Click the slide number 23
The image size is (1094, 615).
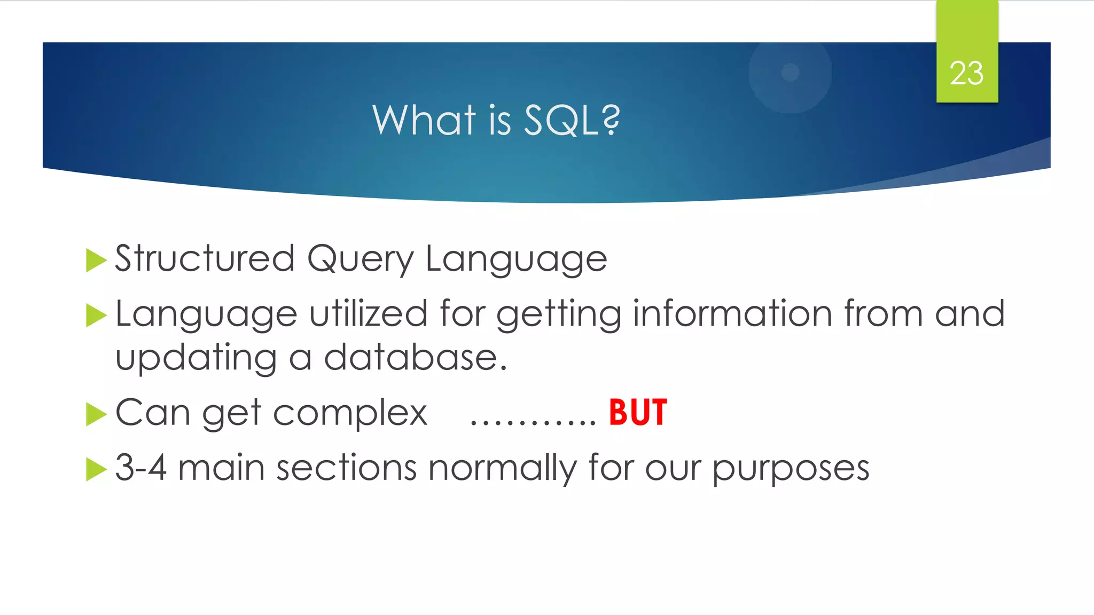pyautogui.click(x=966, y=73)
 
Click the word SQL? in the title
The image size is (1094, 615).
pyautogui.click(x=572, y=120)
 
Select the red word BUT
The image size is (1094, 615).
pyautogui.click(x=638, y=413)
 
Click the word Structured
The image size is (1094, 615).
pyautogui.click(x=205, y=258)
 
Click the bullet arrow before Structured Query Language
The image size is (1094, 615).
pyautogui.click(x=96, y=260)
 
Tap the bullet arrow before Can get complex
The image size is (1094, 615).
pyautogui.click(x=96, y=414)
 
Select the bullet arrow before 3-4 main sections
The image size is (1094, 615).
pyautogui.click(x=96, y=469)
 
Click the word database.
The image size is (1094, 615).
pyautogui.click(x=415, y=357)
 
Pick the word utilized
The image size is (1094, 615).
pyautogui.click(x=368, y=313)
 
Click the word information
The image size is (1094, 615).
pyautogui.click(x=732, y=313)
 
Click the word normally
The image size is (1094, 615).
pyautogui.click(x=502, y=468)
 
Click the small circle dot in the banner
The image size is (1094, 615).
pyautogui.click(x=790, y=72)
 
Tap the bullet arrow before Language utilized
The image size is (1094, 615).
pyautogui.click(x=96, y=315)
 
